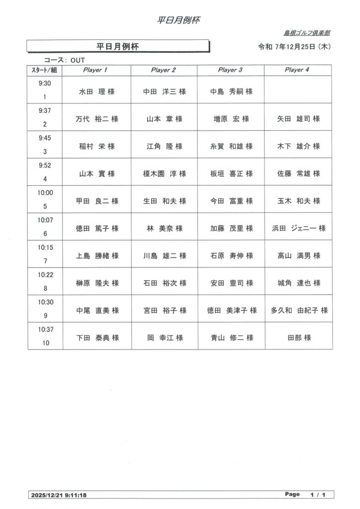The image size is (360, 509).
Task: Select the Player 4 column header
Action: click(x=297, y=70)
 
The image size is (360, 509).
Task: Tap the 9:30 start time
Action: click(x=45, y=83)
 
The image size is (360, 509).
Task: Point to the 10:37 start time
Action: click(x=45, y=329)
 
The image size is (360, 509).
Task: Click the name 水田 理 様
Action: click(x=97, y=91)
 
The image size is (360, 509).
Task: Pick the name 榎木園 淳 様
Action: click(x=164, y=173)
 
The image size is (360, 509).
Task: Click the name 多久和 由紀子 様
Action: click(x=299, y=310)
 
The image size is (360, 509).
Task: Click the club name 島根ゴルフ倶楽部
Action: click(x=307, y=33)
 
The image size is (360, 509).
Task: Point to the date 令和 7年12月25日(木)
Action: click(x=295, y=47)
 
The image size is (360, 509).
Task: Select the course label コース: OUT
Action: click(x=65, y=60)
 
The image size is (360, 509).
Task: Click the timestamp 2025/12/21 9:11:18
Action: click(x=59, y=495)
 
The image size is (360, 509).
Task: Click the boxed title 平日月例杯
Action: click(x=117, y=47)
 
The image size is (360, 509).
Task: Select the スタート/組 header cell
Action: click(x=45, y=70)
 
